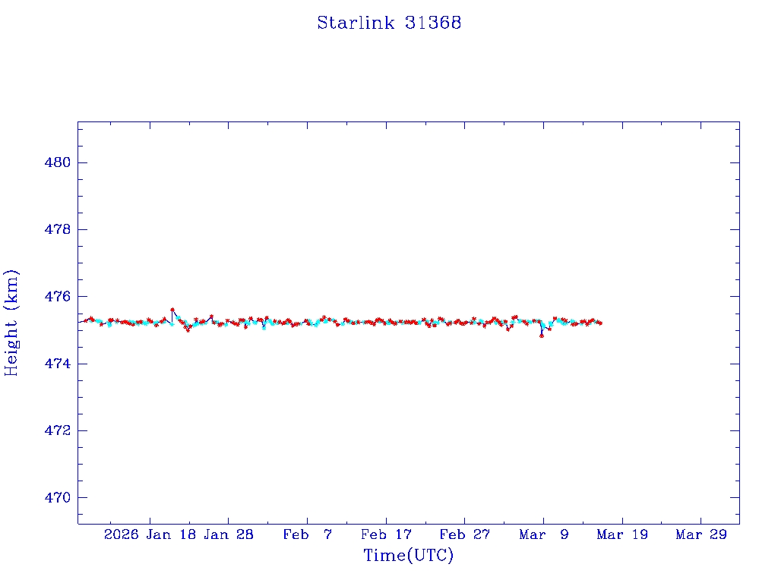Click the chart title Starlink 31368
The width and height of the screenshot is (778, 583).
pyautogui.click(x=389, y=23)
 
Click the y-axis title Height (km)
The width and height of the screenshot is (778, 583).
pyautogui.click(x=11, y=322)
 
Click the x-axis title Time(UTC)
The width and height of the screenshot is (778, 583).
pyautogui.click(x=408, y=556)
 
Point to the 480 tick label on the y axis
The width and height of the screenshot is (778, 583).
pyautogui.click(x=56, y=162)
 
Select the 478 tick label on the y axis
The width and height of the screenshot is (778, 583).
pyautogui.click(x=56, y=229)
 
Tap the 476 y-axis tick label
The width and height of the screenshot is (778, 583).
pyautogui.click(x=56, y=296)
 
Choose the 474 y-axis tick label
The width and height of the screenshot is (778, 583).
pyautogui.click(x=56, y=364)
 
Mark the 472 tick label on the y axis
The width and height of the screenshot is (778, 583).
pyautogui.click(x=56, y=430)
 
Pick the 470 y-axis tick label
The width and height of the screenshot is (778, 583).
pyautogui.click(x=56, y=497)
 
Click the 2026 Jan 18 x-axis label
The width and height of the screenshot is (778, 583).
pyautogui.click(x=150, y=534)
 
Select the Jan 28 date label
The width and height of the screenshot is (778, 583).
pyautogui.click(x=229, y=534)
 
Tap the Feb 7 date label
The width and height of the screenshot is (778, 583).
pyautogui.click(x=307, y=534)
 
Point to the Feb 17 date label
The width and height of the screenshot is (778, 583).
pyautogui.click(x=386, y=534)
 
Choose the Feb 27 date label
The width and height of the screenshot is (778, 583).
pyautogui.click(x=465, y=534)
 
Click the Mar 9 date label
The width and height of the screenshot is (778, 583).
pyautogui.click(x=543, y=534)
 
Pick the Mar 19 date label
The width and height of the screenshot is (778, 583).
pyautogui.click(x=622, y=534)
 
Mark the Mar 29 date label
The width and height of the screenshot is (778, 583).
pyautogui.click(x=701, y=534)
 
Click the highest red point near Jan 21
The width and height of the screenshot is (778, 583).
pyautogui.click(x=172, y=310)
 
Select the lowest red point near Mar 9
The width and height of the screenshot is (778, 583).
pyautogui.click(x=542, y=335)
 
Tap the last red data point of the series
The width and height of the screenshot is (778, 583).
pyautogui.click(x=600, y=323)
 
